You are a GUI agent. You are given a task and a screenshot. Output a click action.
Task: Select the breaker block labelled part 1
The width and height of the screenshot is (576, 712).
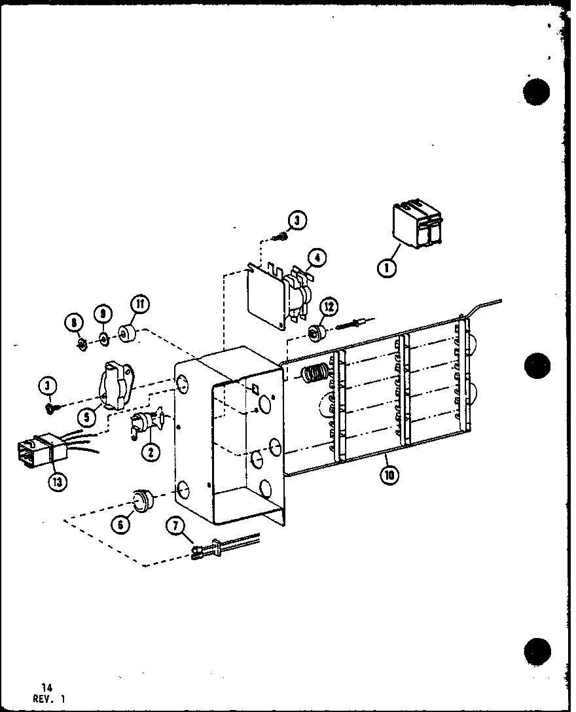(x=416, y=226)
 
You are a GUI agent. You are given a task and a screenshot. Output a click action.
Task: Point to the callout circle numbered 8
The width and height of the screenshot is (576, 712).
(x=75, y=323)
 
